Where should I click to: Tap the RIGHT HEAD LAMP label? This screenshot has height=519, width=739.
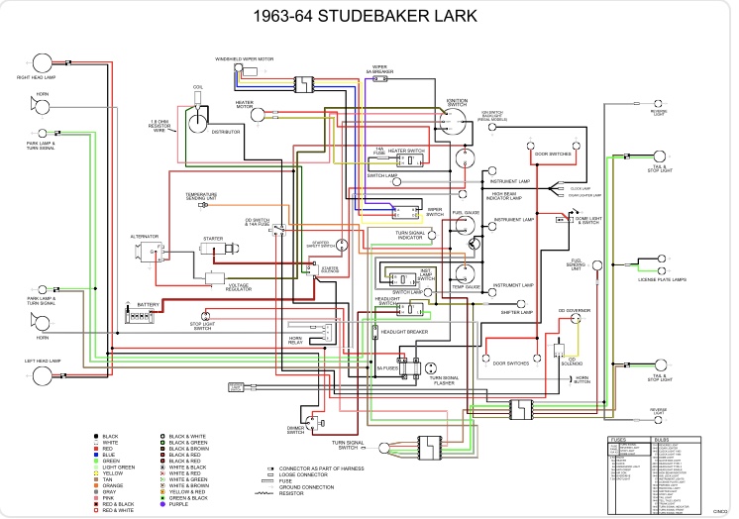35,76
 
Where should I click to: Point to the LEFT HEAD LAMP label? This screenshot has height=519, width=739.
43,361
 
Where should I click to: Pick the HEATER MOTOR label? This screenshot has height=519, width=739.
245,104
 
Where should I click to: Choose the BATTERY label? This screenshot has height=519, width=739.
148,304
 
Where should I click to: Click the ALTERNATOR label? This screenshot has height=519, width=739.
145,237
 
